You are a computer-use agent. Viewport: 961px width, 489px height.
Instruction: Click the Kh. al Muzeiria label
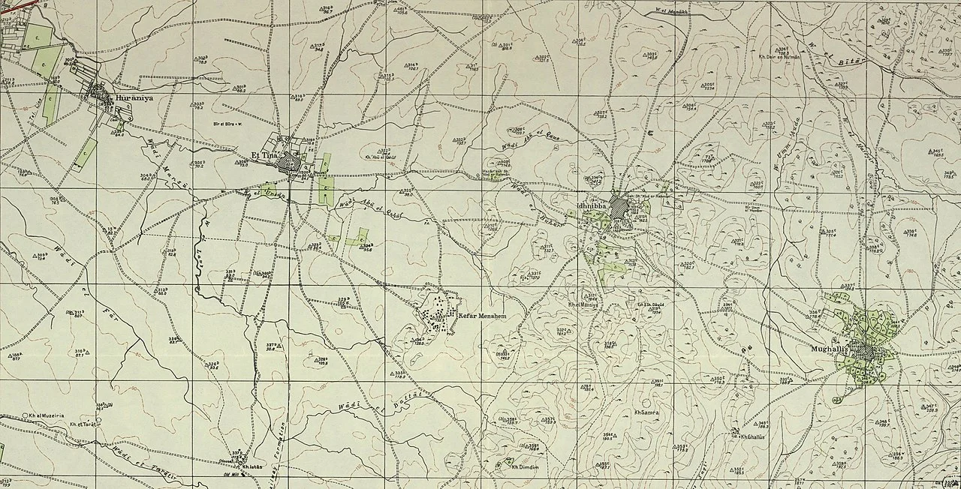47,414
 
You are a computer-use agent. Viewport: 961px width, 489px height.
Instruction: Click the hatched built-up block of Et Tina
289,163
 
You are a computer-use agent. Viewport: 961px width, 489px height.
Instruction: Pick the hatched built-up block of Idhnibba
618,206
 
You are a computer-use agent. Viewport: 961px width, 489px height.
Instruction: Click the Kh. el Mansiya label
583,304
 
